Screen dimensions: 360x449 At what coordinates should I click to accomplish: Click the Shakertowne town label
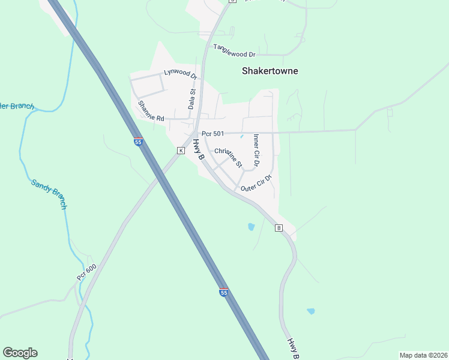[270, 71]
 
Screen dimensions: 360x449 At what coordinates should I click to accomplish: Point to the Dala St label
[193, 98]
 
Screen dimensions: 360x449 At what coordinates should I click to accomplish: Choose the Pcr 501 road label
[212, 133]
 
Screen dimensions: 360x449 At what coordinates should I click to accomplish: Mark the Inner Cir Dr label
[256, 150]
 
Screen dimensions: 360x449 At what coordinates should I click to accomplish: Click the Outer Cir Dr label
[256, 184]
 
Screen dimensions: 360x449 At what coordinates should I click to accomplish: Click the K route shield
[180, 151]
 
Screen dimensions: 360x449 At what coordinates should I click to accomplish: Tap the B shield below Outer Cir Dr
[279, 228]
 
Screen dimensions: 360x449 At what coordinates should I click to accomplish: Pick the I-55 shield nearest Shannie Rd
[138, 142]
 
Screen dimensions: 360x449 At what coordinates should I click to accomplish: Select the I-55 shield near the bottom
[223, 292]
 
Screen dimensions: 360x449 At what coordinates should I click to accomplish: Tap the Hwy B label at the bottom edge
[292, 348]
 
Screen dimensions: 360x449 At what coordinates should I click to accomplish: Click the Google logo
[20, 353]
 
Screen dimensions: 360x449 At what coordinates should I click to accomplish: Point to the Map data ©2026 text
[423, 355]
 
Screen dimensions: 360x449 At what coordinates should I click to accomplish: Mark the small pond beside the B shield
[251, 227]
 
